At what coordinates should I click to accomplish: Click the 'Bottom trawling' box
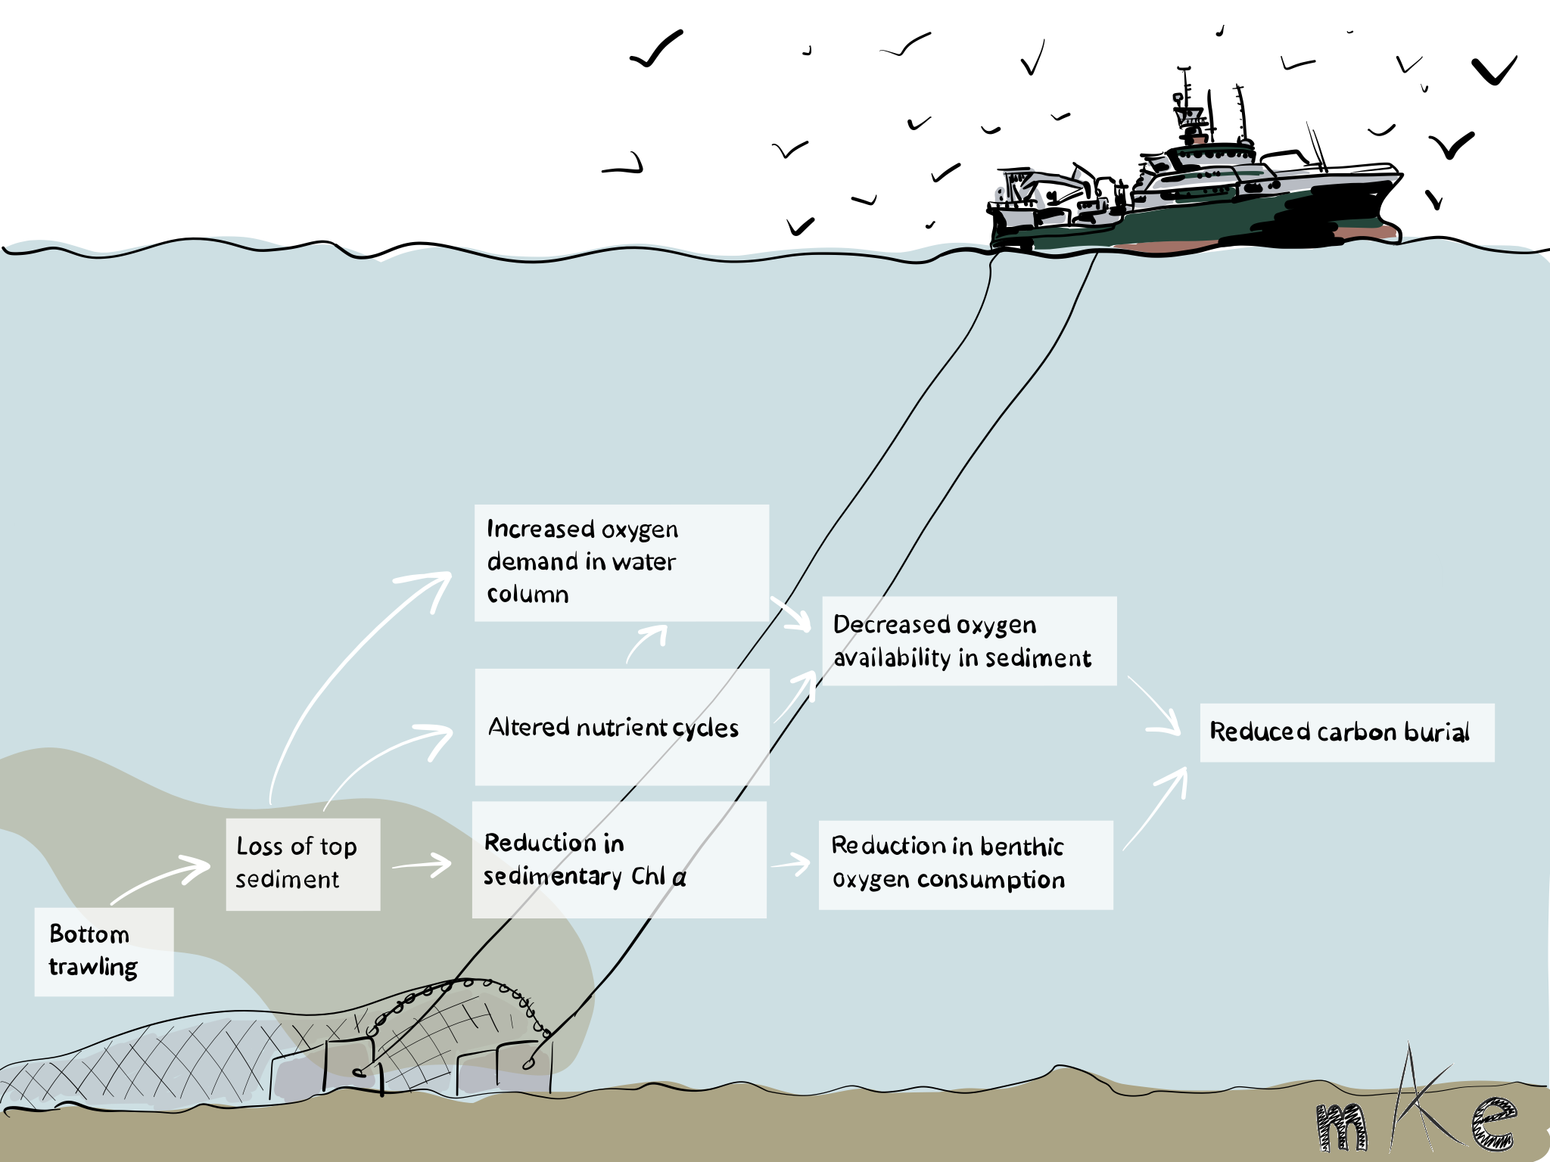104,951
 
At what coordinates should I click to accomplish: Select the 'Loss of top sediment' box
303,863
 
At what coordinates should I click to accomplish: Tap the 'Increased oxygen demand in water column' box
621,562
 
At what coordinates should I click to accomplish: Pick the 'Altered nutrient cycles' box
621,726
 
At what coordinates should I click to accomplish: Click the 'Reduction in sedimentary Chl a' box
618,859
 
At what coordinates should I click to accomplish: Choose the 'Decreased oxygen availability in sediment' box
969,641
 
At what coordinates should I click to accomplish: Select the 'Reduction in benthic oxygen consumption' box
965,864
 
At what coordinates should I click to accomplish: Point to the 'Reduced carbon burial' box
1346,732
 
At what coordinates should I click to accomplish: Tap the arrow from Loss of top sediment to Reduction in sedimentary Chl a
422,864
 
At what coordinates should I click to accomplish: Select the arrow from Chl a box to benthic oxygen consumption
791,864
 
